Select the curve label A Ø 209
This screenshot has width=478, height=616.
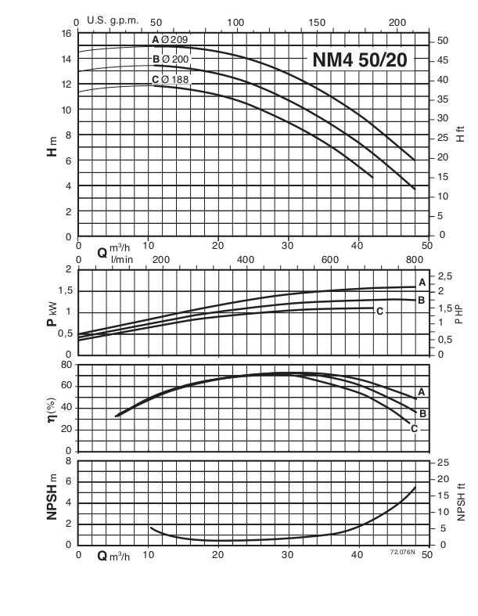tap(170, 39)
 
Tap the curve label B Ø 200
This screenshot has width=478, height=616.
tap(170, 59)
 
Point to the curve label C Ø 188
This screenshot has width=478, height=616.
tap(170, 79)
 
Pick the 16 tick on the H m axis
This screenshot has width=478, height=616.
tap(66, 34)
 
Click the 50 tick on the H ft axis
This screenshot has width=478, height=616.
tap(442, 41)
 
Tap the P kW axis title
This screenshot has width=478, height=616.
tap(52, 312)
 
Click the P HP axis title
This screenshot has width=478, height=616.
tap(461, 312)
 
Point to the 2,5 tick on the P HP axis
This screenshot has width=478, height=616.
tap(445, 277)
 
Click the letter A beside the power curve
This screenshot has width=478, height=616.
tap(422, 282)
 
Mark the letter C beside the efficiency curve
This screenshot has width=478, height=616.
tap(414, 428)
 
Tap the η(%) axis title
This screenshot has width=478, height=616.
tap(52, 408)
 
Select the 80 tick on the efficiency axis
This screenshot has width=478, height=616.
tap(66, 365)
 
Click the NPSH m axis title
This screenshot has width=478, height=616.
tap(52, 503)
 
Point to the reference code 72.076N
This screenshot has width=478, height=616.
tap(403, 553)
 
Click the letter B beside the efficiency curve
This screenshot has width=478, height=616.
tap(422, 412)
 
